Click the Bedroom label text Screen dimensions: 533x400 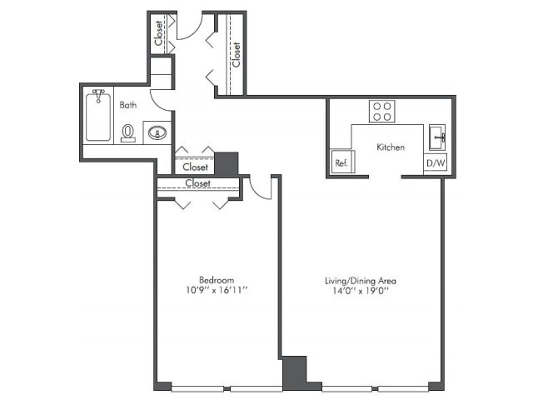point(217,280)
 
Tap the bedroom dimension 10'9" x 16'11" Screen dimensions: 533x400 point(217,291)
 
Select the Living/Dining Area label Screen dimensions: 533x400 point(361,281)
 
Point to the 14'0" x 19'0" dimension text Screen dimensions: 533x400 point(361,291)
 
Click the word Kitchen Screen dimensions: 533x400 point(391,147)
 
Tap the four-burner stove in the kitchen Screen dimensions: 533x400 point(382,111)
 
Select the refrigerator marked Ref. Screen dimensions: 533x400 point(342,162)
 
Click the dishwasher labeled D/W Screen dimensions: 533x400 point(436,163)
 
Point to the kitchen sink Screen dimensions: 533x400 point(437,137)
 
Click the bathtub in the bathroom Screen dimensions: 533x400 point(98,117)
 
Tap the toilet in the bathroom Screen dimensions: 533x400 point(128,133)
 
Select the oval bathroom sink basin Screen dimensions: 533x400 point(157,132)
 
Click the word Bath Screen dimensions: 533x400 point(128,105)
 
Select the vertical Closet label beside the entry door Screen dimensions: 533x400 point(158,33)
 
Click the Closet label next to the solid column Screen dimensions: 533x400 point(196,167)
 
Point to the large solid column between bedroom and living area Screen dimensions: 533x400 point(295,373)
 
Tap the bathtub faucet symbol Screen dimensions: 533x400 point(98,95)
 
